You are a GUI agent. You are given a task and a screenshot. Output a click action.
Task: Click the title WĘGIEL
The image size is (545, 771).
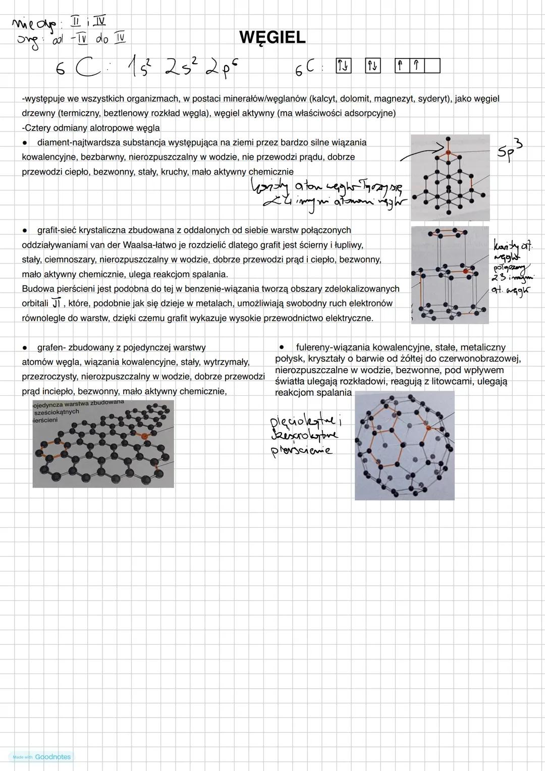pos(272,37)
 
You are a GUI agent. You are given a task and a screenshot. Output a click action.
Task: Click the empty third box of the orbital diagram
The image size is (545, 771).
pos(432,66)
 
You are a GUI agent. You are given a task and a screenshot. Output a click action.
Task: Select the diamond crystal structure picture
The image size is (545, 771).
pos(450,177)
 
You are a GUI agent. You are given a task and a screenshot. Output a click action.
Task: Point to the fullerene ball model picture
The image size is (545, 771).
pos(404,445)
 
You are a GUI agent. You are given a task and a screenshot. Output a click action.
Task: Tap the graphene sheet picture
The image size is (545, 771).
pos(103,444)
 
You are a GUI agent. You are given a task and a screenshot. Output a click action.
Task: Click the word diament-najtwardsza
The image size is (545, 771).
pos(79,142)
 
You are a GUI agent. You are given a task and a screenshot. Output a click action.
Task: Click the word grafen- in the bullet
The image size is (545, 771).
pos(51,347)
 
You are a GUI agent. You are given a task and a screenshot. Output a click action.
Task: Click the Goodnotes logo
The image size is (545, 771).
pos(52,756)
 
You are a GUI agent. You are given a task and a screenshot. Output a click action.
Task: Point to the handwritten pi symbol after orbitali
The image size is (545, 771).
pos(56,303)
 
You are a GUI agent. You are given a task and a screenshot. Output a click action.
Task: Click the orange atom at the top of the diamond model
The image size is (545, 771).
pos(447,151)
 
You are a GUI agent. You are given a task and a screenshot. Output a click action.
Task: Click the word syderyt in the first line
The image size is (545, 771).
pos(432,99)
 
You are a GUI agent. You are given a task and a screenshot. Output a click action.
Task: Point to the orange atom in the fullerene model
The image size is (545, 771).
pos(428,428)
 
